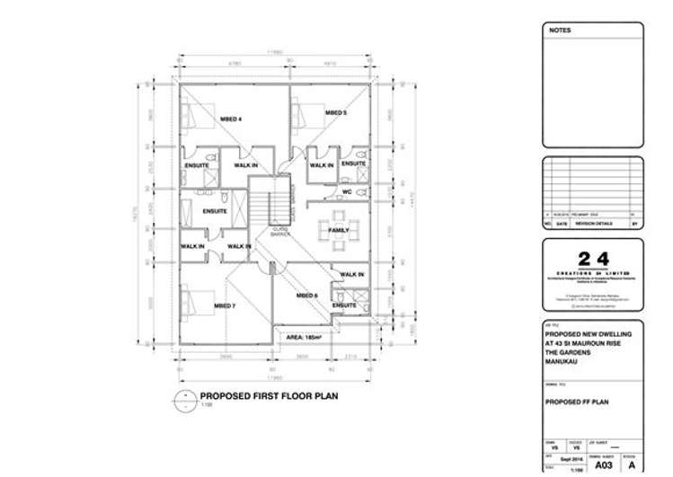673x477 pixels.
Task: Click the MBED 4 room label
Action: tap(232, 119)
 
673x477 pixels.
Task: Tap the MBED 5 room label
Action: tap(335, 113)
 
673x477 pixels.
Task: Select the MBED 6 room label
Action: tap(306, 294)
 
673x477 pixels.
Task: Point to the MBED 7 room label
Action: tap(224, 306)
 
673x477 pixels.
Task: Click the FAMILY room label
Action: tap(339, 231)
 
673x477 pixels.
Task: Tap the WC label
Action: tap(346, 190)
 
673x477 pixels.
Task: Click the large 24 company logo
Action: tap(592, 260)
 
